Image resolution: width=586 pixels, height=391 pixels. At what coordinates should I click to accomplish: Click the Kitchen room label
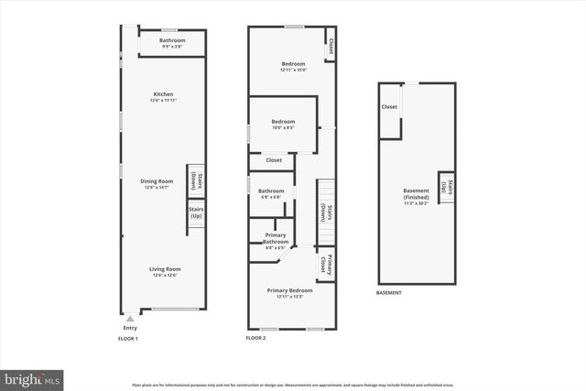click(163, 96)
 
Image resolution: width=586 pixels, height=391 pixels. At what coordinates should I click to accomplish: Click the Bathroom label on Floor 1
click(172, 42)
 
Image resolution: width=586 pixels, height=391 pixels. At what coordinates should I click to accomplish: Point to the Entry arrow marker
click(129, 319)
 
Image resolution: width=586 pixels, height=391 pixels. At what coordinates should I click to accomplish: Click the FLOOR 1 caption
click(127, 339)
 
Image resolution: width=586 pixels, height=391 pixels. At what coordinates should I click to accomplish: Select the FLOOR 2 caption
click(255, 339)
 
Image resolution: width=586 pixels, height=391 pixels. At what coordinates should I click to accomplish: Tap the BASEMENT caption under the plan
click(389, 294)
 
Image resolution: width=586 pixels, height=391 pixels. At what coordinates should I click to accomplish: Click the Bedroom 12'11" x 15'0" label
click(293, 66)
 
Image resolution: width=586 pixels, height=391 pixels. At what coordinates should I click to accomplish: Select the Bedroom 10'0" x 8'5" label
click(283, 124)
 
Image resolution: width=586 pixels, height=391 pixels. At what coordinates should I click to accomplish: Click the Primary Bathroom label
click(276, 243)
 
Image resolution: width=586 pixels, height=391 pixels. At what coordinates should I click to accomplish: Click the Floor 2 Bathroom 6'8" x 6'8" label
click(271, 193)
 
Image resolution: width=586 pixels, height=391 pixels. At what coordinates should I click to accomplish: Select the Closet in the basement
click(389, 107)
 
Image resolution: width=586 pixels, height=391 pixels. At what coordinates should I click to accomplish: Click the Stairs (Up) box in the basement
click(446, 188)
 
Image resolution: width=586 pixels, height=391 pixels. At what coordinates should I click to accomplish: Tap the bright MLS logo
click(33, 377)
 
